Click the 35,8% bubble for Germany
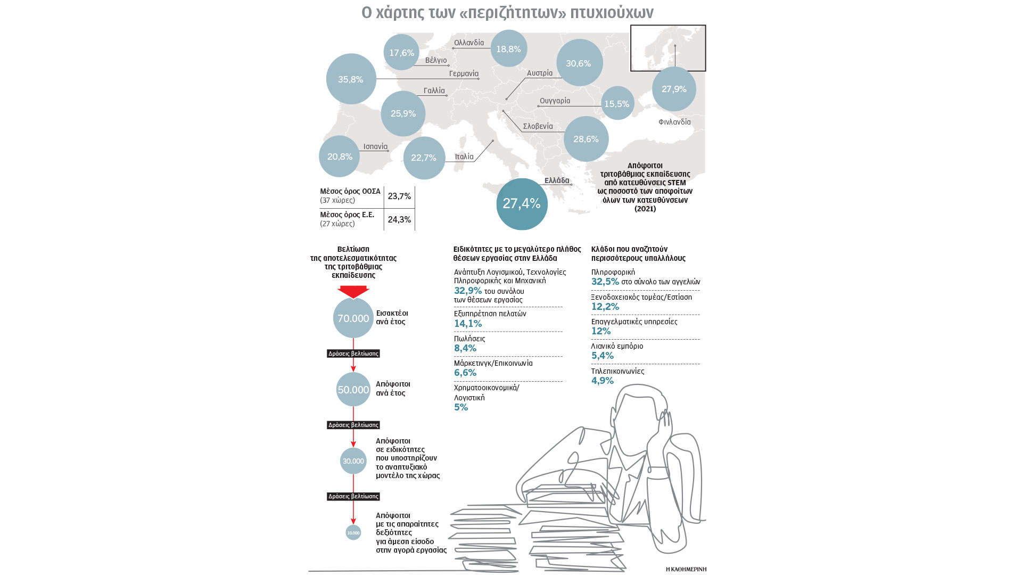click(351, 79)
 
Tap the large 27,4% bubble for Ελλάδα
click(522, 204)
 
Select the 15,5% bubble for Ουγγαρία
click(617, 103)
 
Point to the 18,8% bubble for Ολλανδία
click(508, 49)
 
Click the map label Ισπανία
click(375, 146)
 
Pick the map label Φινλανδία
click(674, 122)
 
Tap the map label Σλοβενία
click(538, 126)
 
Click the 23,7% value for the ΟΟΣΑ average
click(399, 196)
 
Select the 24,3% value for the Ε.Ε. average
click(399, 219)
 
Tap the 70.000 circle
click(353, 318)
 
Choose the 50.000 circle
click(353, 390)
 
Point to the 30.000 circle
click(353, 461)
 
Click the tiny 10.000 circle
click(353, 532)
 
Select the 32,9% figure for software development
click(468, 291)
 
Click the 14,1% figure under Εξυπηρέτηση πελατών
click(468, 324)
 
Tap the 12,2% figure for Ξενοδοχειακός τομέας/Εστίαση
click(605, 307)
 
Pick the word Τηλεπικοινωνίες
click(617, 371)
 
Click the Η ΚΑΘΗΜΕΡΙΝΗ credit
click(686, 569)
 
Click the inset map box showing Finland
click(668, 48)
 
